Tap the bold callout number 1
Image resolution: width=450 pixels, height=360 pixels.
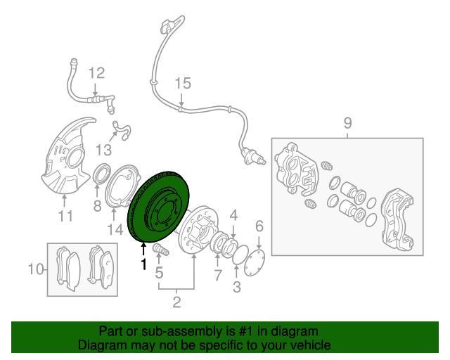tap(143, 264)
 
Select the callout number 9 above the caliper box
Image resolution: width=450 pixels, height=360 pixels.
tap(347, 123)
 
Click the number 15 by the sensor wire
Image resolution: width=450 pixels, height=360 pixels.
tap(183, 83)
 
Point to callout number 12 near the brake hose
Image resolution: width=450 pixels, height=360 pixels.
tap(97, 73)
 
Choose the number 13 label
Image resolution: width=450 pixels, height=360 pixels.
tap(103, 150)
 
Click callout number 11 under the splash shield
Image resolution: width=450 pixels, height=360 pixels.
tap(65, 216)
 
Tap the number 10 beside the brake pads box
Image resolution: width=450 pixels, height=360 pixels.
tap(36, 269)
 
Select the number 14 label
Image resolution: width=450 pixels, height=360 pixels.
tap(115, 230)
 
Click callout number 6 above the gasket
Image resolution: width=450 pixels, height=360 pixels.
tap(259, 226)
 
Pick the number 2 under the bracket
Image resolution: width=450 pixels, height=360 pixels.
tap(176, 302)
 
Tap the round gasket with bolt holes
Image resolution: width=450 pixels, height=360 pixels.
tap(255, 263)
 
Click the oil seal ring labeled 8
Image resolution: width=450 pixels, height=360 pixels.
tap(103, 174)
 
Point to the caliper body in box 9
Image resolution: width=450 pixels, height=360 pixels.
tap(297, 169)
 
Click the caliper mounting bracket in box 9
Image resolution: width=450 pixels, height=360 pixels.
tap(397, 218)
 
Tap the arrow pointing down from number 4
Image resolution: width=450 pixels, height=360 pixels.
tap(233, 231)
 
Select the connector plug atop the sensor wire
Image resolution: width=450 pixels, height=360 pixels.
tap(167, 26)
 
